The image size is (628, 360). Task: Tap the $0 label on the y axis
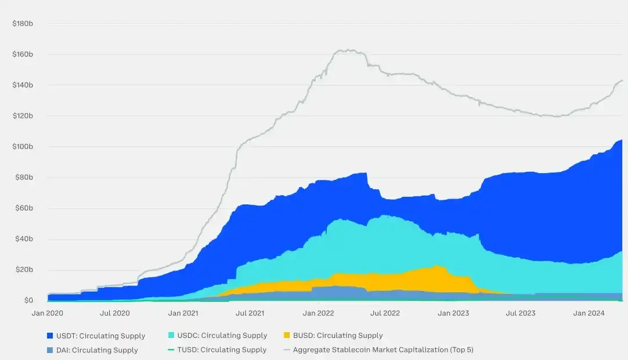click(x=28, y=300)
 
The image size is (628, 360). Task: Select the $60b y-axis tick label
click(x=25, y=208)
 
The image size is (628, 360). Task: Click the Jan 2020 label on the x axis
click(x=48, y=313)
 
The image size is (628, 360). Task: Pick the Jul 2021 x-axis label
click(x=250, y=313)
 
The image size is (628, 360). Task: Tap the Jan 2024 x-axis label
click(x=589, y=313)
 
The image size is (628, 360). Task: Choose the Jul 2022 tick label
click(x=385, y=313)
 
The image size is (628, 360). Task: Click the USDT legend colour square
click(x=50, y=336)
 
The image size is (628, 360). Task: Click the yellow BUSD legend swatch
click(x=287, y=335)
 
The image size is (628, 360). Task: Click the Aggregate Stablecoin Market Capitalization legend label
click(x=383, y=350)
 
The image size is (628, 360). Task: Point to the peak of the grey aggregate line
click(x=346, y=50)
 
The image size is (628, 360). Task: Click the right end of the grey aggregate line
click(x=622, y=80)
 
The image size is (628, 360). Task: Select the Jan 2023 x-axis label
click(x=453, y=313)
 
